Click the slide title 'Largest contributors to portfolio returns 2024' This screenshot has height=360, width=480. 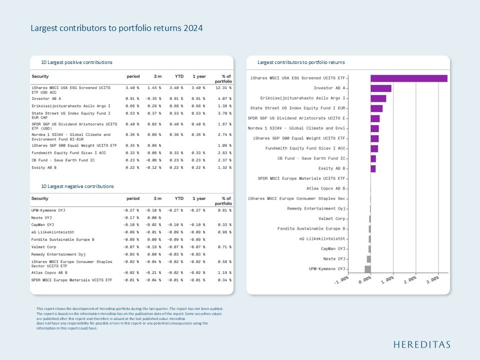pos(116,28)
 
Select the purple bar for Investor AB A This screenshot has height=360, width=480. pos(380,88)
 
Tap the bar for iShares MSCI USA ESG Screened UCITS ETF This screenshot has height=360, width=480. pos(408,78)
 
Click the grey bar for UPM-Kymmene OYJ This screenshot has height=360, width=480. pos(367,269)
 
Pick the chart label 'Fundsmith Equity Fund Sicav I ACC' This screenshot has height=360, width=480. pos(305,148)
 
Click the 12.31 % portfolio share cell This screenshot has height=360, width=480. pos(223,88)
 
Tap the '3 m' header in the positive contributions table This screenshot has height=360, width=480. pos(157,76)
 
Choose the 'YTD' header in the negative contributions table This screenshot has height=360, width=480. pos(179,198)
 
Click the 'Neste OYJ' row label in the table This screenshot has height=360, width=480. pos(41,217)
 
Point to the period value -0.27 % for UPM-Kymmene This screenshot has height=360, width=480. pos(131,210)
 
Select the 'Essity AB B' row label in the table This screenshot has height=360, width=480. pos(43,167)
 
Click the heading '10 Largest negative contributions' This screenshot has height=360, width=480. pos(77,186)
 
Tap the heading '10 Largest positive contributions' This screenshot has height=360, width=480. pos(76,62)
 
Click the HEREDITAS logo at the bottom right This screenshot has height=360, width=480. pos(421,344)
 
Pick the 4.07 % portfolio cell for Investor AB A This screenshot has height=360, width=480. pos(224,98)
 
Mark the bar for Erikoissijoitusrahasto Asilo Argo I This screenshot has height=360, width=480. pos(378,98)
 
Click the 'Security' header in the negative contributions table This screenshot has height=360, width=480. pos(40,198)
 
